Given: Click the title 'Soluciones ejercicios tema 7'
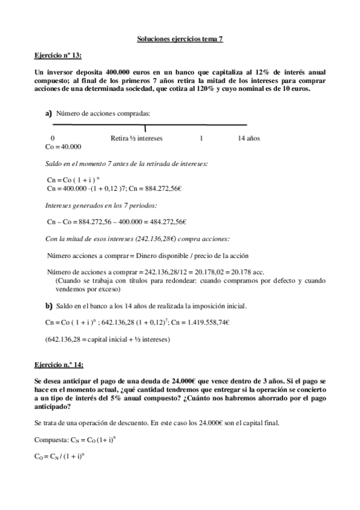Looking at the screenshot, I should [180, 39].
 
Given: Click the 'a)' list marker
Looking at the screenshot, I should [49, 113].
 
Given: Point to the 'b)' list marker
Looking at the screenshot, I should [49, 305].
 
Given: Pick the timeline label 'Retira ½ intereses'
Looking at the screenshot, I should [136, 138].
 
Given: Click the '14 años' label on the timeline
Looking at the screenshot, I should [249, 138].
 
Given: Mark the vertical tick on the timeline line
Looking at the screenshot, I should [145, 127].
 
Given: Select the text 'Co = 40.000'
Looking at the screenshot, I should [64, 147].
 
